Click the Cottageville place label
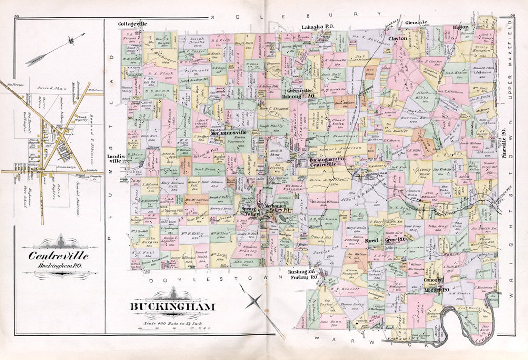pyautogui.click(x=132, y=23)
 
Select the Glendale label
pyautogui.click(x=416, y=22)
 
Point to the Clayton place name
pyautogui.click(x=397, y=38)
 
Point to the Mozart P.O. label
pyautogui.click(x=437, y=290)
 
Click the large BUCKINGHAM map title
pyautogui.click(x=172, y=307)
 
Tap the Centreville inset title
pyautogui.click(x=59, y=256)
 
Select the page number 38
pyautogui.click(x=17, y=16)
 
